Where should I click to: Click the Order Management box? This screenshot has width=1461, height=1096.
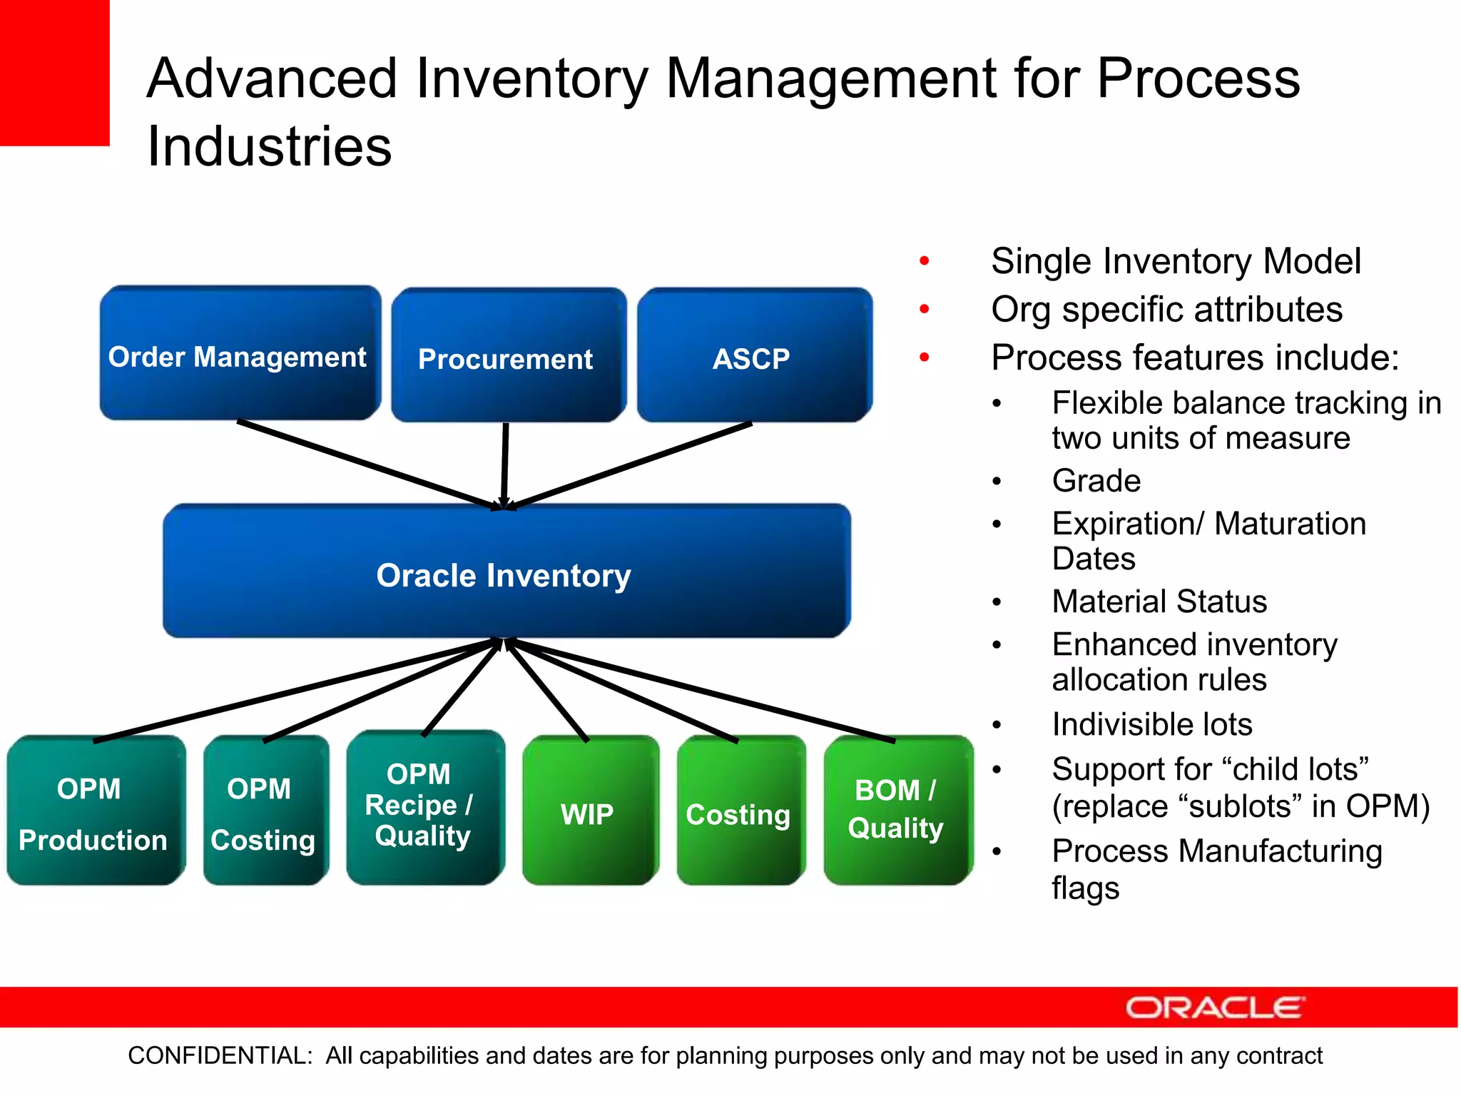240,353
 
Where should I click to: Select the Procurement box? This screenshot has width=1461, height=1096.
508,355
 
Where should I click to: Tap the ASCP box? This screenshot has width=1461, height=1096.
754,355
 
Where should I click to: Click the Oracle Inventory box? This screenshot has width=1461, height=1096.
506,571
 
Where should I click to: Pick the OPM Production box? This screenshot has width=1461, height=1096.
95,811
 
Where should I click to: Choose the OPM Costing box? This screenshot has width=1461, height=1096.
265,811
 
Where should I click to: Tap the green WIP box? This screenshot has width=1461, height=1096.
589,811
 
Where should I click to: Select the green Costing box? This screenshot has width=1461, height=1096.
740,811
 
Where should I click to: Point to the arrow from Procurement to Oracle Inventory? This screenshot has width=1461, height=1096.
505,464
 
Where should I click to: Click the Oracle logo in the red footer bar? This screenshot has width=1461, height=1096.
1214,1008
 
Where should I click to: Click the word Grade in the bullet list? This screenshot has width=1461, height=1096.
1096,481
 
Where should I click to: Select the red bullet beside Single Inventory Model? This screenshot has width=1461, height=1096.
925,261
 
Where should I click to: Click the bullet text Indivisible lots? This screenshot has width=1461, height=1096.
1151,725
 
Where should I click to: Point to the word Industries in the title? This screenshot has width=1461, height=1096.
269,146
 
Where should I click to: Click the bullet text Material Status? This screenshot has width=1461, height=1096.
1159,602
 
